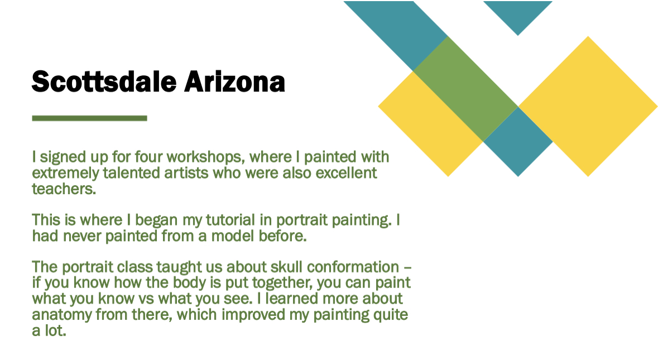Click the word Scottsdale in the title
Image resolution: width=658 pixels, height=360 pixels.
(104, 81)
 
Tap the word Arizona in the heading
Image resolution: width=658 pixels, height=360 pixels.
(234, 81)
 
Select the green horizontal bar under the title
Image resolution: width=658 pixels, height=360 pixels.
(89, 118)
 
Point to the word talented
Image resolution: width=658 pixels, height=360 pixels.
(132, 173)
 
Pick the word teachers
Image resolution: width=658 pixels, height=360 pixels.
(64, 189)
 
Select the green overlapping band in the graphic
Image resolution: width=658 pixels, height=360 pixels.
(465, 89)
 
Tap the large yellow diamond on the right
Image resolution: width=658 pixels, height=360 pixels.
(588, 106)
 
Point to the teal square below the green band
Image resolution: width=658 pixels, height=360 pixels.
(518, 142)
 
